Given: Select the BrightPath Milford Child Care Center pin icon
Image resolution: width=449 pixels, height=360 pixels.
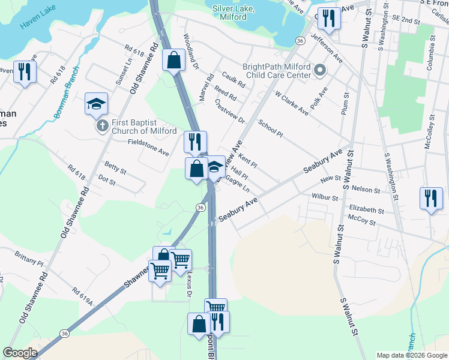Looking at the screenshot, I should coord(319,71).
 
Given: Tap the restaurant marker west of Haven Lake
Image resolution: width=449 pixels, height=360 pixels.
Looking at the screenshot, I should coord(25,73).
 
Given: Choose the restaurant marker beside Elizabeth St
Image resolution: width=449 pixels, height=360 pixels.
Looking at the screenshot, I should coord(431,198).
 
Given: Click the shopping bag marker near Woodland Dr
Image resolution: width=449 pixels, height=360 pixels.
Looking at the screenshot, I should coord(173,61).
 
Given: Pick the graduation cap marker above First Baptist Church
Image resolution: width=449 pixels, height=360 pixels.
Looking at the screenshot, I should coord(96,104).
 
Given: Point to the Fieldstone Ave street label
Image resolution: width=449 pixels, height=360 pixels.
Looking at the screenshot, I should coord(148,148).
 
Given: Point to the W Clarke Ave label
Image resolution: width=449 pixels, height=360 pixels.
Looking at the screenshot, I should coord(291,103).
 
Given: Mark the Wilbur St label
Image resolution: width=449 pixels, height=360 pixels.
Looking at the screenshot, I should coord(325,196).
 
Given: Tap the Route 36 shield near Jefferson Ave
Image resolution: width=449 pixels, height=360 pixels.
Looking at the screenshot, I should coord(300,40).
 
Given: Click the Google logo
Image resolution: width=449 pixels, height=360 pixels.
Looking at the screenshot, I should coord(20,353).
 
